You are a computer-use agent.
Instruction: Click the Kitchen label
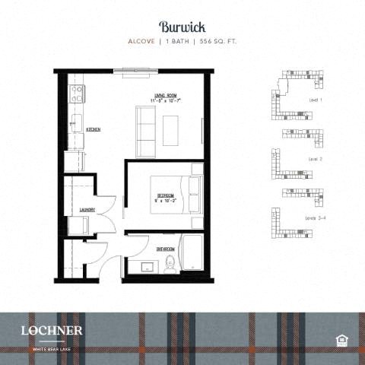click(x=94, y=130)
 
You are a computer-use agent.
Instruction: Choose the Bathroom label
click(x=166, y=249)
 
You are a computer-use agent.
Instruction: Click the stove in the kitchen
click(x=76, y=94)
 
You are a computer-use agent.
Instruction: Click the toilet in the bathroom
click(x=171, y=263)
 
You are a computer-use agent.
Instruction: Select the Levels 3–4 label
click(x=316, y=217)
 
